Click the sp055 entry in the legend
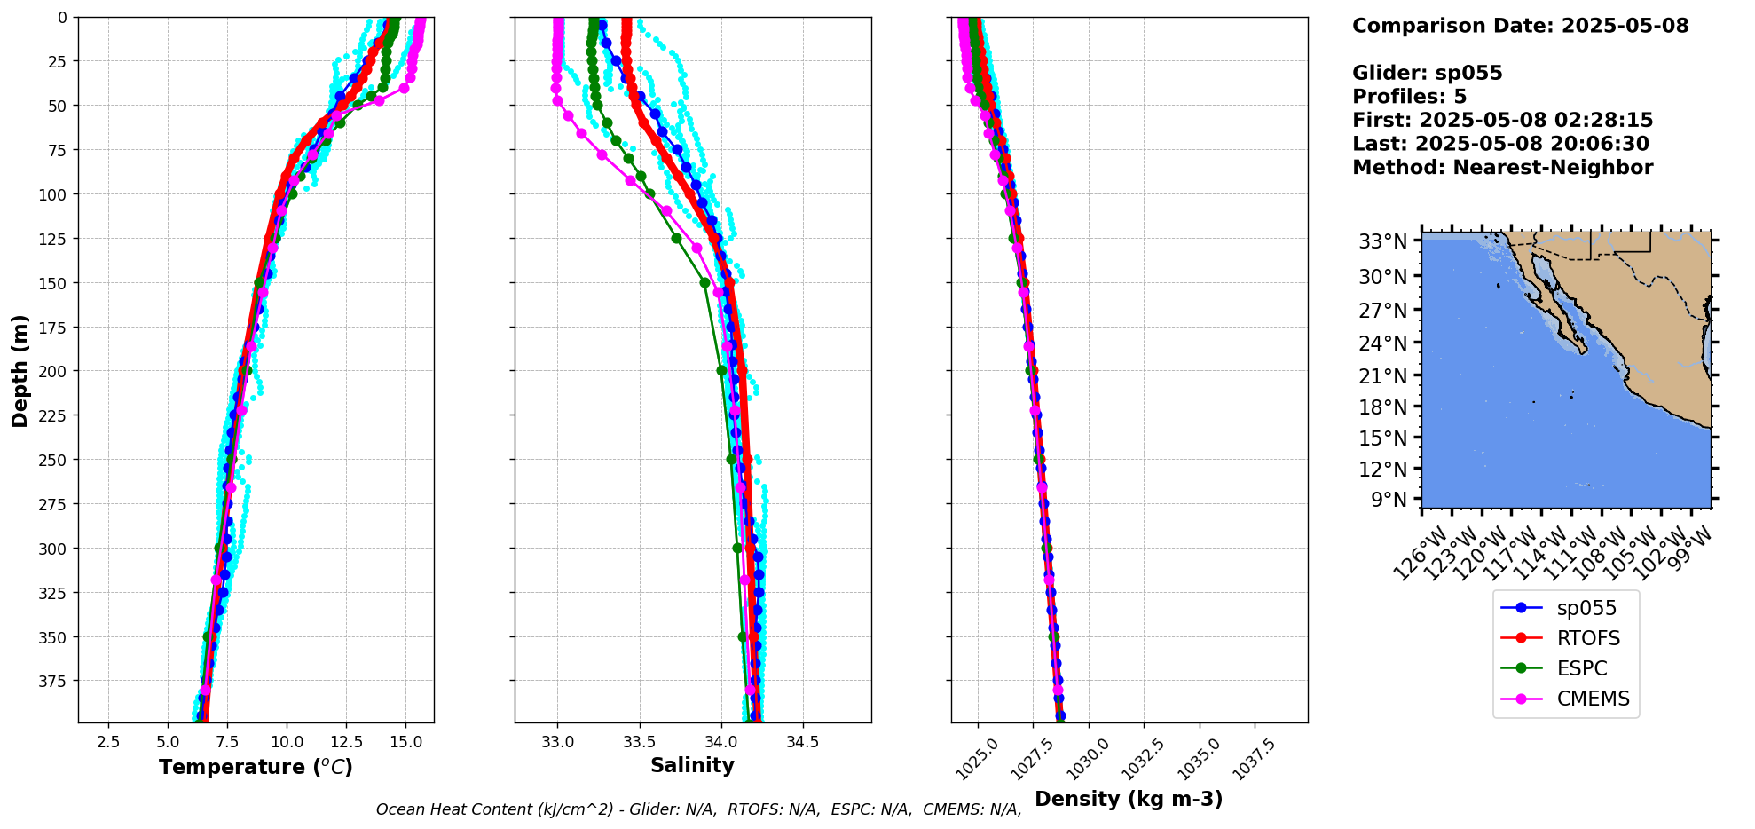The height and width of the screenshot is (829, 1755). (1586, 608)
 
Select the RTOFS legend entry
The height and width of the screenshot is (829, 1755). (1587, 638)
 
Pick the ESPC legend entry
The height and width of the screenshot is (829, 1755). (1581, 668)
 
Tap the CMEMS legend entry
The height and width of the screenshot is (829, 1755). (1593, 699)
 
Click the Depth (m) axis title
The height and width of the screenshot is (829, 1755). (20, 370)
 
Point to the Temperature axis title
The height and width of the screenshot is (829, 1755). (256, 767)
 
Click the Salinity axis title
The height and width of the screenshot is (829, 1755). (692, 765)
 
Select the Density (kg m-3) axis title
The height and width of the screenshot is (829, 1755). (1129, 799)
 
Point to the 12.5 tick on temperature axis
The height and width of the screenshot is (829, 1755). (346, 741)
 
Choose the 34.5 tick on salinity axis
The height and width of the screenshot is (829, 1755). (802, 741)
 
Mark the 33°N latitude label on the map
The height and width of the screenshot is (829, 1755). (1383, 241)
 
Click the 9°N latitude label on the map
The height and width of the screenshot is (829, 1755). (1389, 500)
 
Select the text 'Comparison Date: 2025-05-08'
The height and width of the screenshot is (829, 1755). (1520, 26)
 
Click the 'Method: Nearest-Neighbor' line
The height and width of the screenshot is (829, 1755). (1502, 168)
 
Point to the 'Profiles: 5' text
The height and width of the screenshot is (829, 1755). (1409, 97)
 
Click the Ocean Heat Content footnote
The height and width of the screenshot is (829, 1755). (698, 809)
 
